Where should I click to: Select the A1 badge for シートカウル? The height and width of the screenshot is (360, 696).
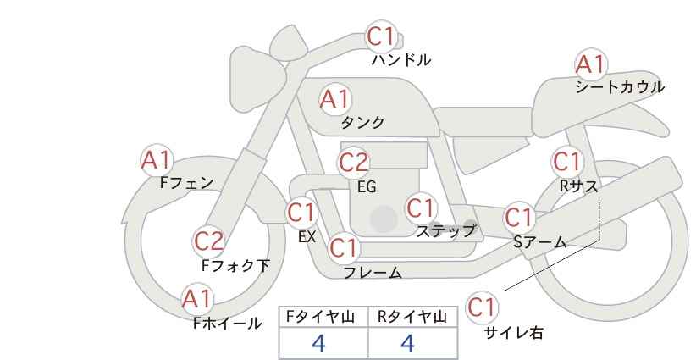coord(589,64)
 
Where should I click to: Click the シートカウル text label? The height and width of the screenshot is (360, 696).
coord(620,87)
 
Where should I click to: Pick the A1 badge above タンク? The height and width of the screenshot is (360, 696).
coord(334,99)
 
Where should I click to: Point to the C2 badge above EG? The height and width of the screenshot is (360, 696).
coord(353,162)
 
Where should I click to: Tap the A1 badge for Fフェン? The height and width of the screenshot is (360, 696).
coord(156,158)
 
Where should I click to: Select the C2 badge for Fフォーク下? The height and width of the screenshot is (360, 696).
coord(208,241)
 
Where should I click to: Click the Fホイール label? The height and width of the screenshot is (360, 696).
coord(227,323)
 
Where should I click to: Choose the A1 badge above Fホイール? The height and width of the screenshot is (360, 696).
coord(197,298)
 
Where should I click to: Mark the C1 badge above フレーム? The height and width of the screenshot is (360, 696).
coord(344,248)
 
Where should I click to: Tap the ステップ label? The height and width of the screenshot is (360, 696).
coord(445,230)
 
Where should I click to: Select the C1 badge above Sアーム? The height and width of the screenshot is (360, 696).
coord(519,217)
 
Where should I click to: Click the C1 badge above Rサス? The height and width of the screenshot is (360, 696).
coord(566,161)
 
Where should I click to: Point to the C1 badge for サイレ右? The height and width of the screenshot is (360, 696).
coord(482,307)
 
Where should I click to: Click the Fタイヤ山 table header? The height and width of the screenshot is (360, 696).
coord(323,316)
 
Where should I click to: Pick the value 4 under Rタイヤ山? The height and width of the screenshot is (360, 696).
coord(407,343)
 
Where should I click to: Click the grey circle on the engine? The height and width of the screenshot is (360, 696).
coord(383,219)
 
